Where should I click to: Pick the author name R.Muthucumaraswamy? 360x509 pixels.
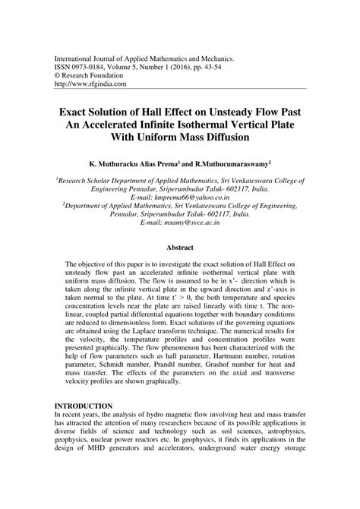coord(240,163)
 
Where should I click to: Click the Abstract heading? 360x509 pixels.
coord(181,268)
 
